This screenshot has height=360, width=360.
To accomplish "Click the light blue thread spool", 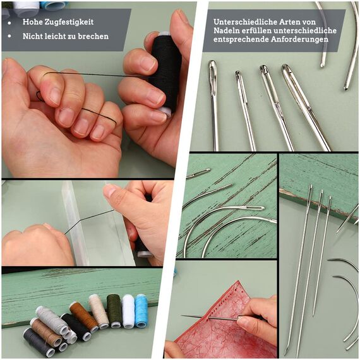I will click(x=141, y=310).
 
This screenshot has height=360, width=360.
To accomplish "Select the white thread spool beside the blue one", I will click(x=128, y=311).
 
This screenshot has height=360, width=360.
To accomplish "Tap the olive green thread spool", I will click(x=114, y=310).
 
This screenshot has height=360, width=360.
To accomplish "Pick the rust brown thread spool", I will click(x=84, y=316).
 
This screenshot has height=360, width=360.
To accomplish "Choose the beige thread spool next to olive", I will click(x=99, y=311).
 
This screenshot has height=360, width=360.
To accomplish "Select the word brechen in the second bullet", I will click(x=92, y=36).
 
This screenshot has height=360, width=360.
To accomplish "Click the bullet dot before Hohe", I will click(x=11, y=21).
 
